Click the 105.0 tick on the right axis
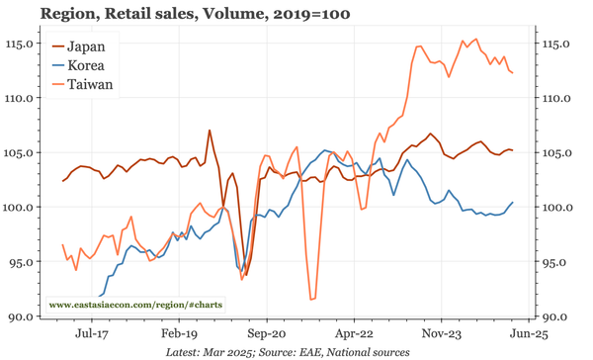coord(559,153)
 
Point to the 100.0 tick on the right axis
coord(559,208)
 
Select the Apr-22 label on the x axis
coord(353,334)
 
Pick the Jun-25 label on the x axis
coord(527,334)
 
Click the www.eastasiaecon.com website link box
coord(136,306)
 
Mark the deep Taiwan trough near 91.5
coord(312,299)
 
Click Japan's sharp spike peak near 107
coord(210,130)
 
